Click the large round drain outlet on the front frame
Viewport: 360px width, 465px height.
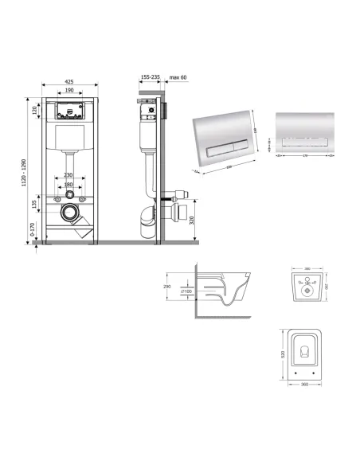point(71,214)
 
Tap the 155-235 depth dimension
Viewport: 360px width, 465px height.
point(149,77)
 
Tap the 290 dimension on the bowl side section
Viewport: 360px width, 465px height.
point(167,285)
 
